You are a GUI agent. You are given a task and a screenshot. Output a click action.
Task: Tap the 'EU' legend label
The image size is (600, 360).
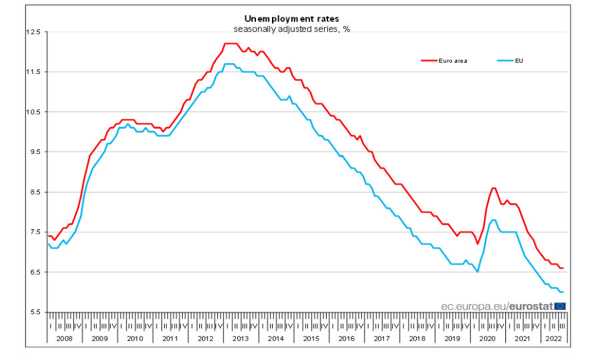click(518, 61)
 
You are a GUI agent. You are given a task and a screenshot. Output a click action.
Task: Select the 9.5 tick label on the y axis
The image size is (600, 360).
click(35, 152)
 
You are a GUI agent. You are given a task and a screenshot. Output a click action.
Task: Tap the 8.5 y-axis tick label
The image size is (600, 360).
click(35, 192)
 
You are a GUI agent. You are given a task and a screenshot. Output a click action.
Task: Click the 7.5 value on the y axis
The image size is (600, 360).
click(35, 232)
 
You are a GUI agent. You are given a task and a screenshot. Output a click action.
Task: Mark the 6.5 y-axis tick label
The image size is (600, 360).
click(35, 272)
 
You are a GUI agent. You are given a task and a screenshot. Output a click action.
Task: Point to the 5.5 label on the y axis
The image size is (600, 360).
click(35, 312)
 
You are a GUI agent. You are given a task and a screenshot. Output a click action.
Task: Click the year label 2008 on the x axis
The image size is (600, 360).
click(64, 339)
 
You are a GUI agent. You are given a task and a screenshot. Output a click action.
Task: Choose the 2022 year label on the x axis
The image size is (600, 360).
click(553, 339)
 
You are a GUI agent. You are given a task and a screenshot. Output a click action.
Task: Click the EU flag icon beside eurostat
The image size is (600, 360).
click(560, 306)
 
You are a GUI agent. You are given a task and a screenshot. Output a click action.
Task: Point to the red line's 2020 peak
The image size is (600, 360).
click(493, 188)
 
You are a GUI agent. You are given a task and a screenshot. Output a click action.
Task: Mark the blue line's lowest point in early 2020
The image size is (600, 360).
click(478, 272)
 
